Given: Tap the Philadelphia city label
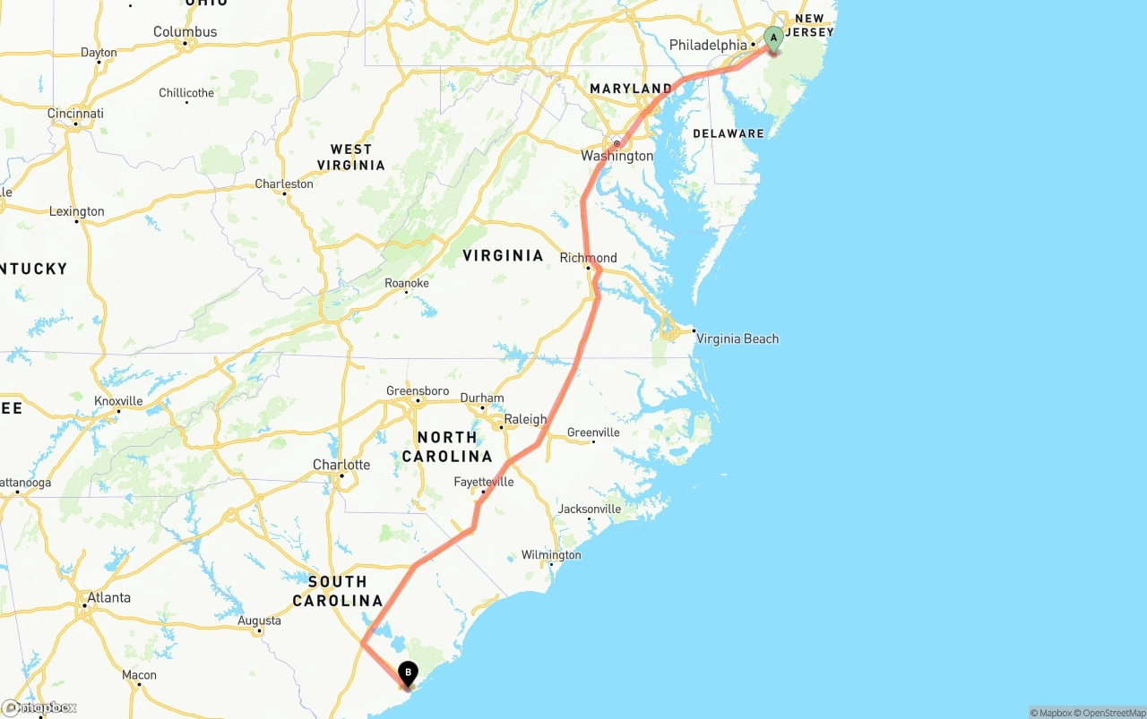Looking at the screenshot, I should click(x=708, y=45).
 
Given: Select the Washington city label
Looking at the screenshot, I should click(x=617, y=156).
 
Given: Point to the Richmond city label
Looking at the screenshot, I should click(x=589, y=258).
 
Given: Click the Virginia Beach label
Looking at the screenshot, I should click(x=737, y=338).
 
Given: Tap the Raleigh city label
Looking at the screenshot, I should click(x=525, y=419).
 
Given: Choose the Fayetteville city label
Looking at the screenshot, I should click(x=484, y=482).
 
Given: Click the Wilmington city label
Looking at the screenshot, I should click(x=551, y=555).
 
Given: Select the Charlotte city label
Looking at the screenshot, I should click(x=341, y=465).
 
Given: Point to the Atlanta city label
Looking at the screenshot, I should click(x=108, y=597).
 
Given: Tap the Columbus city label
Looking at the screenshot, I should click(x=185, y=31).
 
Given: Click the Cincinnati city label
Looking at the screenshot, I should click(x=76, y=114).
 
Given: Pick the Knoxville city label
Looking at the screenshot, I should click(x=118, y=401).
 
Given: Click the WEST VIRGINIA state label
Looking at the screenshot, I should click(x=351, y=158).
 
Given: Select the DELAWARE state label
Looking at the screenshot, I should click(x=729, y=133).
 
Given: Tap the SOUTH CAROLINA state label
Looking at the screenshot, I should click(x=338, y=591).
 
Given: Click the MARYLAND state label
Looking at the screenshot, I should click(x=631, y=89).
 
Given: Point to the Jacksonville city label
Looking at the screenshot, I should click(x=590, y=509).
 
